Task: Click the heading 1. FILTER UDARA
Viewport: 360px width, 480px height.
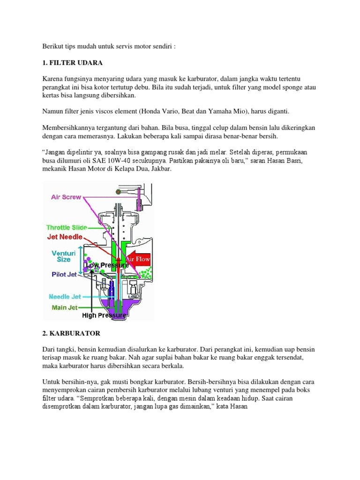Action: (x=72, y=62)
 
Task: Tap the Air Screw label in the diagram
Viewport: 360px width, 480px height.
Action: (x=66, y=197)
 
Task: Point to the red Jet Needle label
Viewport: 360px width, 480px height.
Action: (x=64, y=237)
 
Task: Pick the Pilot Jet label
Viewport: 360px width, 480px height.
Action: (x=64, y=275)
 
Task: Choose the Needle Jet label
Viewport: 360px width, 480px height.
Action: (x=65, y=297)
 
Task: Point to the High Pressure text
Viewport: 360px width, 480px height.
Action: (x=104, y=315)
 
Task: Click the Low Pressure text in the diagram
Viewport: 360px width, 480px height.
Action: (x=107, y=265)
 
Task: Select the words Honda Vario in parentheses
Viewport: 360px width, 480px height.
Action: (x=169, y=112)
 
